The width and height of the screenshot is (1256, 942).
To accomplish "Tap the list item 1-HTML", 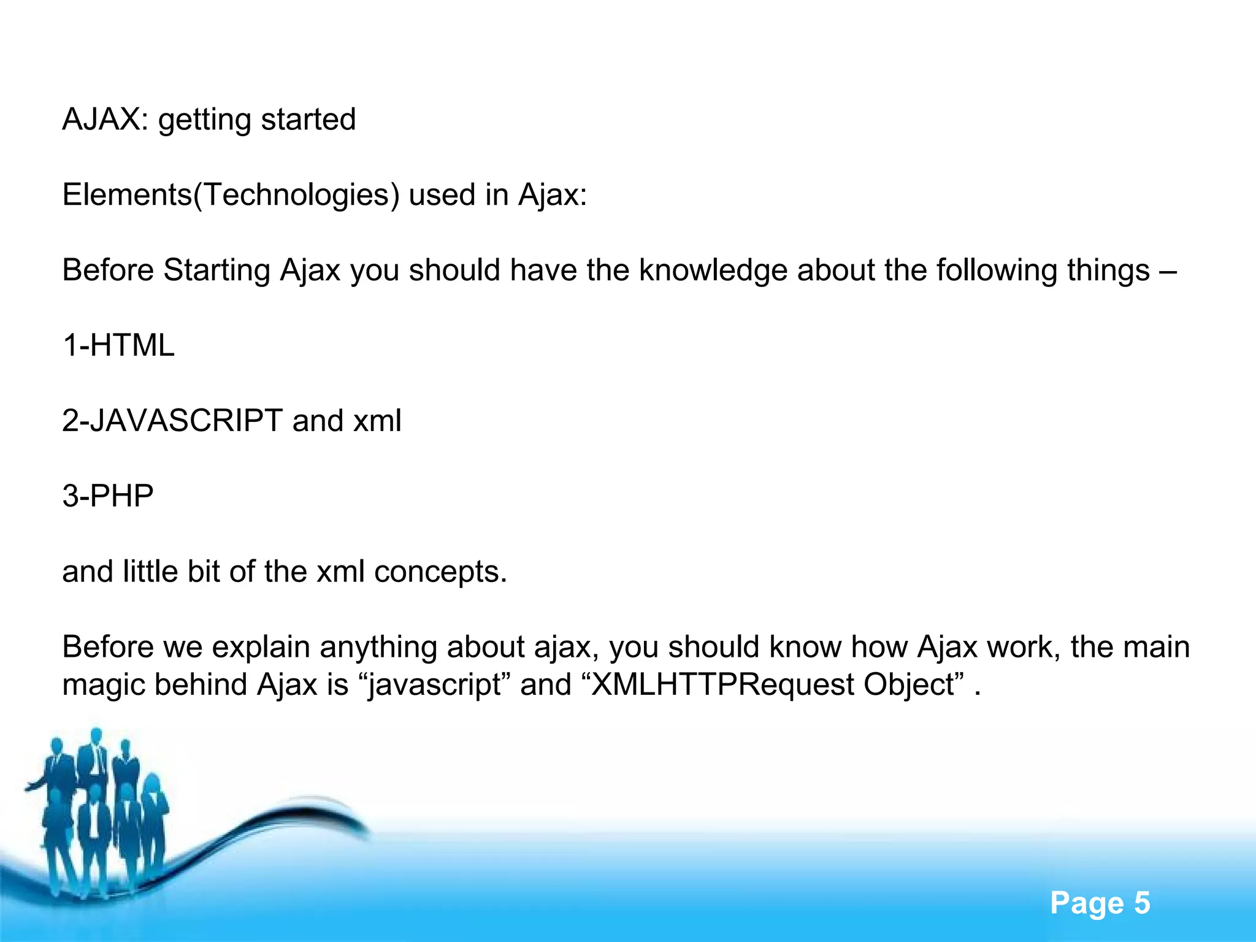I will [x=118, y=345].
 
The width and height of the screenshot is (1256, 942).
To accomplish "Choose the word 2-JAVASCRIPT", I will [x=172, y=421].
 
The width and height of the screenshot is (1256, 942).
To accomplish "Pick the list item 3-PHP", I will [x=108, y=496].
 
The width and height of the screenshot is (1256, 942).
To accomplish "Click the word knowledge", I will [x=713, y=270].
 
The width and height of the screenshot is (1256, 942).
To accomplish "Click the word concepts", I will [x=440, y=572].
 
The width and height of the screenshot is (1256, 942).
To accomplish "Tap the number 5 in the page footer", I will [x=1141, y=903].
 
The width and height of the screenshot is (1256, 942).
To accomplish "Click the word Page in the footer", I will [x=1086, y=903].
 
